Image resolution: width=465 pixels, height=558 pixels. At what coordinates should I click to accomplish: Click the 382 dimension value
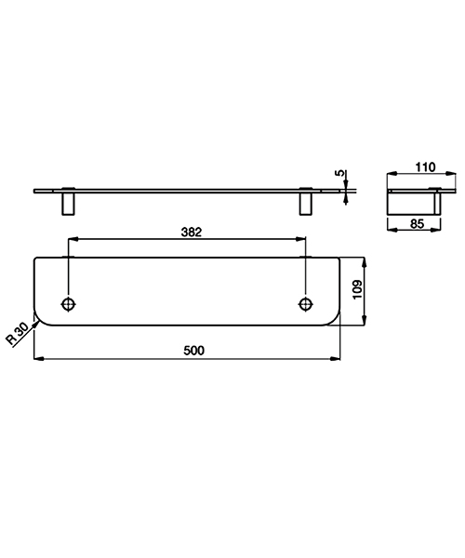pyautogui.click(x=190, y=231)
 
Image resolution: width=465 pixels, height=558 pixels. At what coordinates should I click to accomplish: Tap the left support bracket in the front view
pyautogui.click(x=69, y=203)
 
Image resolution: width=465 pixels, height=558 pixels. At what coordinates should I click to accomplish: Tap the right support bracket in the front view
pyautogui.click(x=305, y=203)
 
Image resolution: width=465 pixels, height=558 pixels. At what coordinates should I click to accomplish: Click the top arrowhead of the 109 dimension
pyautogui.click(x=365, y=261)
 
